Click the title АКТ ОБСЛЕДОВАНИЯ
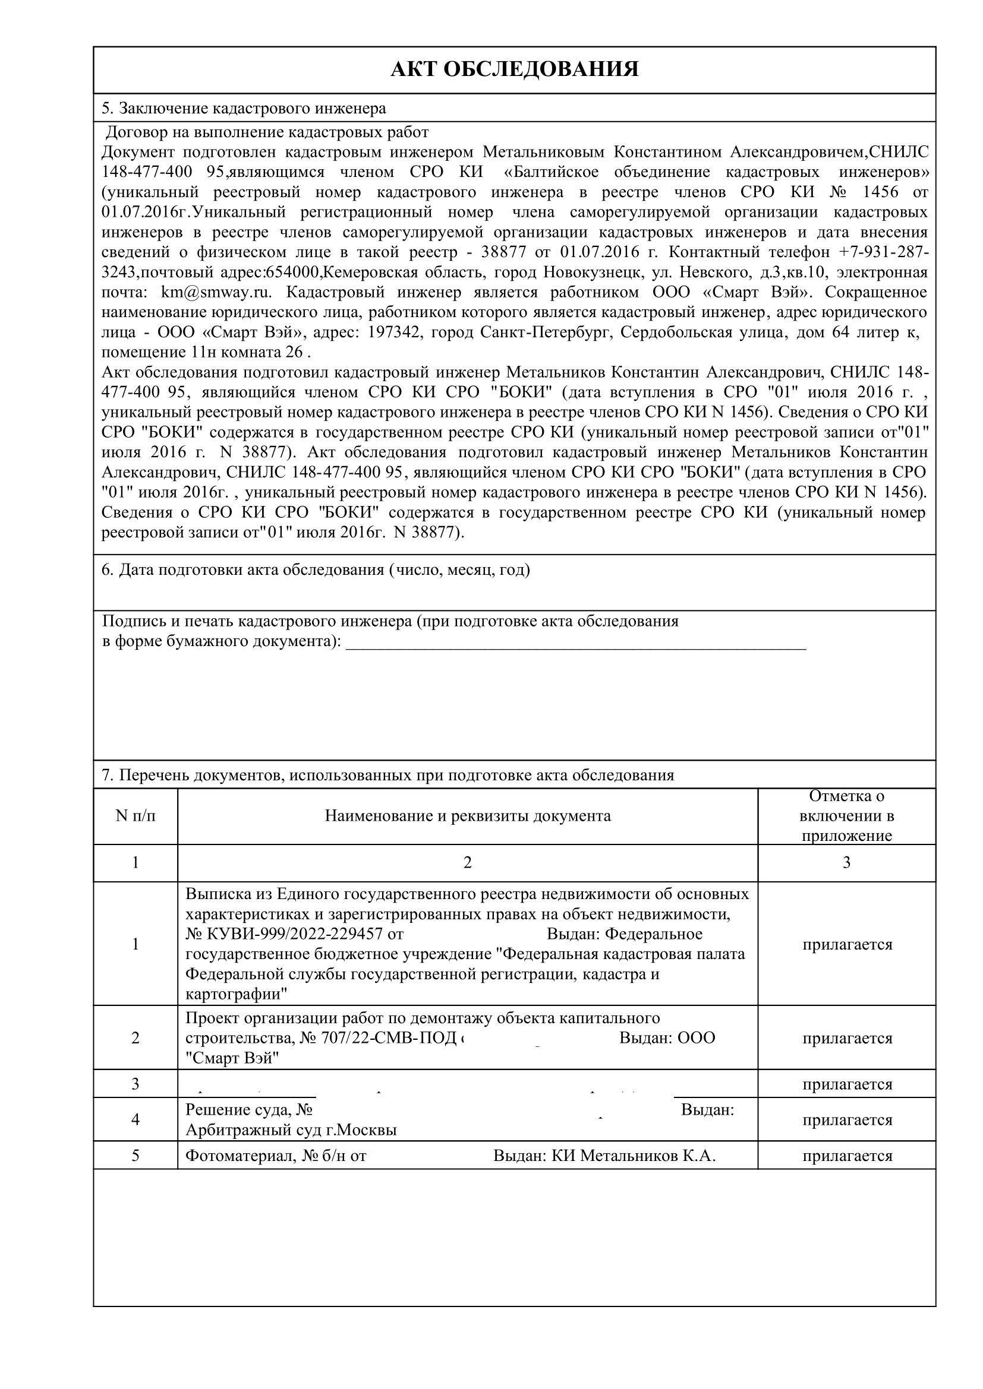pyautogui.click(x=514, y=69)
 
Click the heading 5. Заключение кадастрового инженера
pyautogui.click(x=243, y=108)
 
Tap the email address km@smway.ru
pyautogui.click(x=215, y=292)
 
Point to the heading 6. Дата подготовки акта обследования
pyautogui.click(x=316, y=570)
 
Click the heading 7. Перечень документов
pyautogui.click(x=387, y=775)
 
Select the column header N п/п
pyautogui.click(x=136, y=816)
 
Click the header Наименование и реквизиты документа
pyautogui.click(x=467, y=816)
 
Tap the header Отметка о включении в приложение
pyautogui.click(x=846, y=816)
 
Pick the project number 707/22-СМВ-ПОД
pyautogui.click(x=388, y=1038)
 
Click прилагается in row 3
pyautogui.click(x=847, y=1084)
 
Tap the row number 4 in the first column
pyautogui.click(x=136, y=1120)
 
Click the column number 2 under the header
pyautogui.click(x=467, y=863)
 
